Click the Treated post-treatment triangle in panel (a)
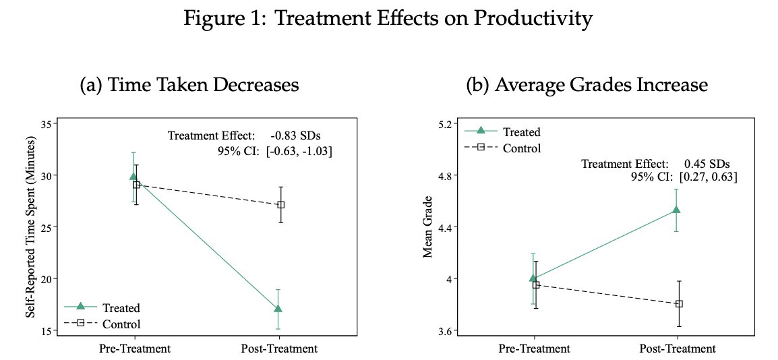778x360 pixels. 278,309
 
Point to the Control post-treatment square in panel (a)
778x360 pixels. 280,204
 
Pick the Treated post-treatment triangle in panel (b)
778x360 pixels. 676,210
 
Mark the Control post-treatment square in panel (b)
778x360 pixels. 679,303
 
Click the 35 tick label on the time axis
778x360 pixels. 47,124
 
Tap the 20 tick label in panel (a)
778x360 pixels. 47,278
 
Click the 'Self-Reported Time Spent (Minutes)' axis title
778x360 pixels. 30,227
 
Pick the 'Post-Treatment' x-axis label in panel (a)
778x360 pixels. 278,349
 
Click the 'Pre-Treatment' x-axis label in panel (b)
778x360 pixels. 535,349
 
